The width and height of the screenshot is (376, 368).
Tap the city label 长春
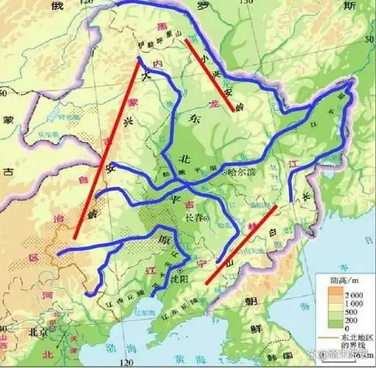point(192,219)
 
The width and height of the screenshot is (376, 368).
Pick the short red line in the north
point(209,75)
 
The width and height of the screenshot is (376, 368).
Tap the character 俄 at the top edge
point(56,7)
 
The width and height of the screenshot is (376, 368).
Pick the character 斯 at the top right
point(355,7)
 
